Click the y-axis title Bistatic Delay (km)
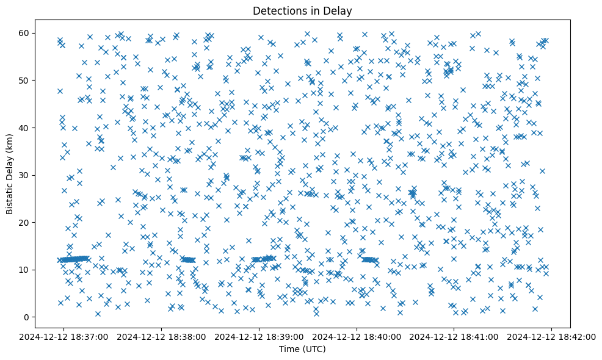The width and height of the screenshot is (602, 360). point(10,175)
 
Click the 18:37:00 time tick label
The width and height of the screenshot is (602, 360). point(65,336)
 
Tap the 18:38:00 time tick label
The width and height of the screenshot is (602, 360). point(162,336)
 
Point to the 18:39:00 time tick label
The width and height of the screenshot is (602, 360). point(259,336)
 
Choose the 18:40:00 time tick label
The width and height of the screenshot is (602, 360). point(357,336)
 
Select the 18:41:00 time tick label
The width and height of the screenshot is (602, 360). point(454,336)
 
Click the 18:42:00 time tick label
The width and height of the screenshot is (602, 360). point(551,336)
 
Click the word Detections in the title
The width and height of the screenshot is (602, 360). point(276,10)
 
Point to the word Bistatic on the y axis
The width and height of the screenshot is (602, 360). point(10,198)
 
